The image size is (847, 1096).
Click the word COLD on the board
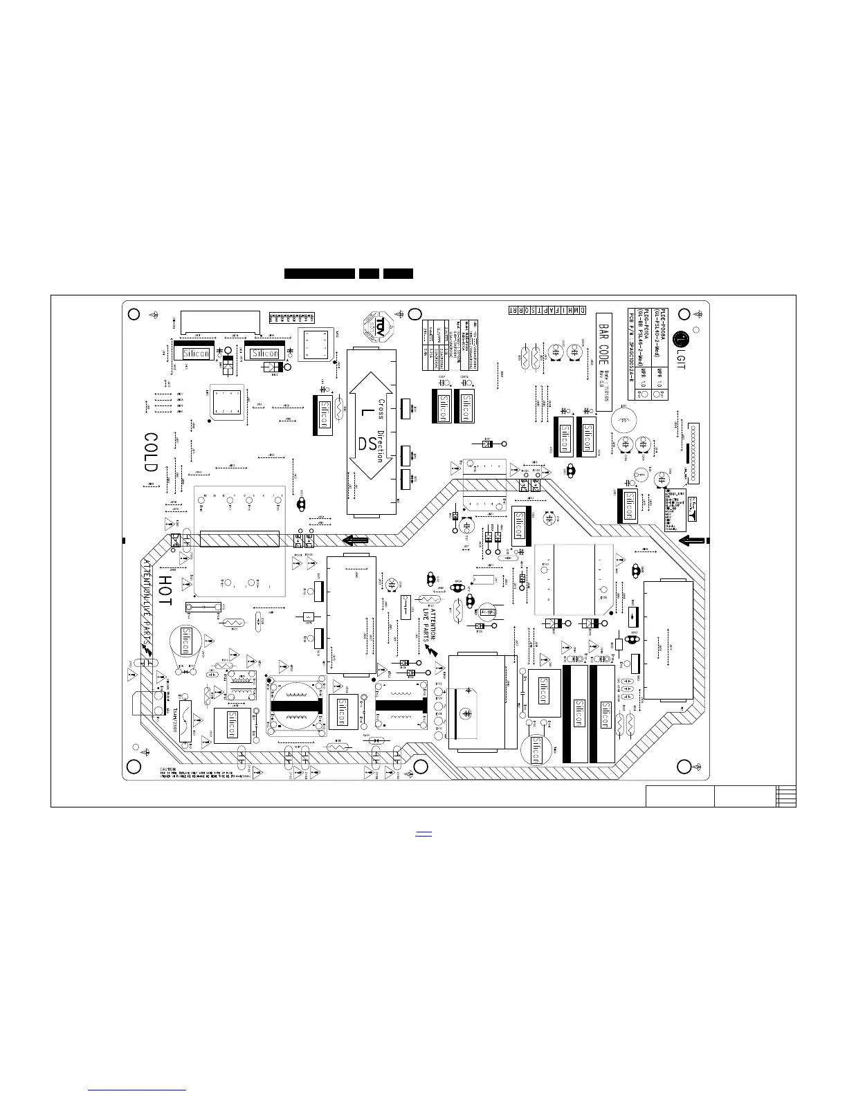point(151,453)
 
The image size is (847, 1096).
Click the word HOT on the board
point(165,590)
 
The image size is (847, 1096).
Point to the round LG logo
point(680,339)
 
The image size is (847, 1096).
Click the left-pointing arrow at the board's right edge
point(692,540)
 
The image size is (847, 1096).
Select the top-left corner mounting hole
point(134,313)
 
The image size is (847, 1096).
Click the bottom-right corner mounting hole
point(683,767)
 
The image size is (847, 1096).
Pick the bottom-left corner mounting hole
point(134,767)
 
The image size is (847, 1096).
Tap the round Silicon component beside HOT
point(185,641)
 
